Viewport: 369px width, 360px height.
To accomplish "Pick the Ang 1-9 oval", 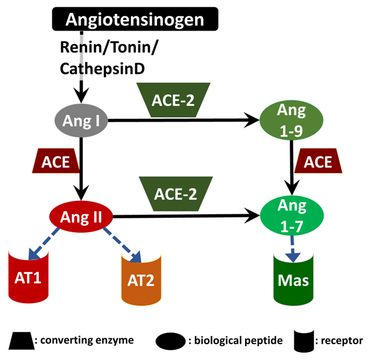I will coord(292,120).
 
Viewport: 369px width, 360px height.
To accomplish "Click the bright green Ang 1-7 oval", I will coord(292,214).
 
